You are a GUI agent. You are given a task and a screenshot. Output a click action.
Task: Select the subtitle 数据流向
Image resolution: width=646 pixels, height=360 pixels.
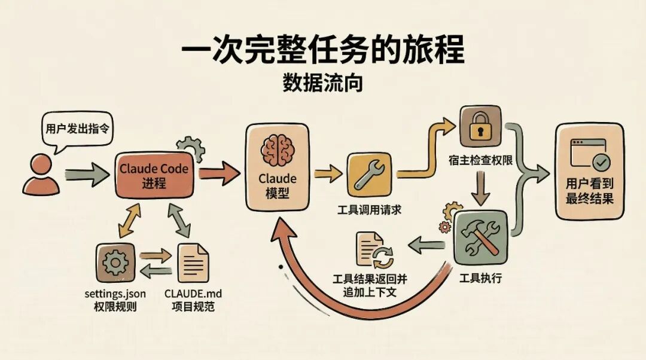(322, 83)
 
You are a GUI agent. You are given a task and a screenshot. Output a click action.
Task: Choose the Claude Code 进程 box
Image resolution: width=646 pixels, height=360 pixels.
(154, 175)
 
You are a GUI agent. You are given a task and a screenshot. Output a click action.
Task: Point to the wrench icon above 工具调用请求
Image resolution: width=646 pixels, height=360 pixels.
(369, 174)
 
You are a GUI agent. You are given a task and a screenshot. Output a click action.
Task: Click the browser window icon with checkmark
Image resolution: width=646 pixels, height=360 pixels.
(590, 153)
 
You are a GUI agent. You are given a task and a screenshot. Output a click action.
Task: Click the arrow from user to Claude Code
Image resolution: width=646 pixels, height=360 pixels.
(87, 175)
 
